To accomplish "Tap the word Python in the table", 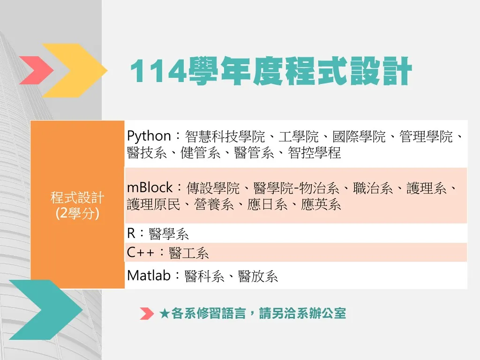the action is pyautogui.click(x=149, y=136).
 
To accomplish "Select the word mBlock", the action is pyautogui.click(x=150, y=187).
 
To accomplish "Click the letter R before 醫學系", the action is pyautogui.click(x=131, y=233).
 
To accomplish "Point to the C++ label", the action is pyautogui.click(x=140, y=253).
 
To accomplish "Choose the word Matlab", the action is pyautogui.click(x=149, y=276).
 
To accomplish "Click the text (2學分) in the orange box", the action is pyautogui.click(x=77, y=213).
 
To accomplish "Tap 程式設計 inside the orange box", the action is pyautogui.click(x=77, y=197).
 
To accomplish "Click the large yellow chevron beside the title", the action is pyautogui.click(x=75, y=70).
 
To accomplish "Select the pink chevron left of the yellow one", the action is pyautogui.click(x=37, y=70).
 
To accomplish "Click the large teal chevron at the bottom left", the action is pyautogui.click(x=46, y=309).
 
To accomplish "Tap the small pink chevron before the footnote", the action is pyautogui.click(x=147, y=314).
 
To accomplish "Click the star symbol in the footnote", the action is pyautogui.click(x=165, y=314).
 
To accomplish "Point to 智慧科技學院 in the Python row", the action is pyautogui.click(x=225, y=136).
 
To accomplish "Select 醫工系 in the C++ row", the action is pyautogui.click(x=188, y=253).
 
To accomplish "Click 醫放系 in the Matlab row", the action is pyautogui.click(x=258, y=276).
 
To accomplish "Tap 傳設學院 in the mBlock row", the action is pyautogui.click(x=213, y=188).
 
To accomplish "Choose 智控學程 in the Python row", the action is pyautogui.click(x=314, y=153).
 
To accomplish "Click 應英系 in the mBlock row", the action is pyautogui.click(x=321, y=204).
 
